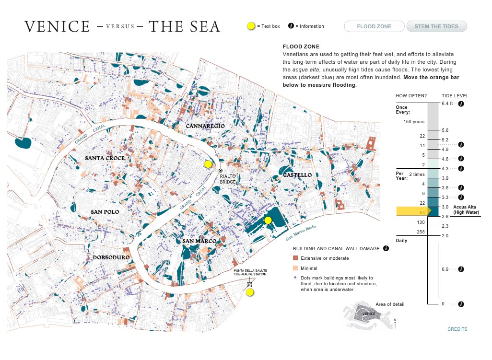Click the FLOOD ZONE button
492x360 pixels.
click(374, 26)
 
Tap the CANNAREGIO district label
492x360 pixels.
click(205, 126)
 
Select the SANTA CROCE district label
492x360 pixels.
click(105, 158)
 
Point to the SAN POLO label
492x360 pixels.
click(105, 212)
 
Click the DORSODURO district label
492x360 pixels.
click(111, 257)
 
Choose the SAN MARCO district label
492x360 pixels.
click(199, 241)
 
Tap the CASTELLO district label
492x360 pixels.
click(297, 175)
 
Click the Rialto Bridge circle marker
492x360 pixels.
click(221, 170)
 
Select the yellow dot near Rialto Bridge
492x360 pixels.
click(208, 164)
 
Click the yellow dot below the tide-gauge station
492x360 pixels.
click(250, 292)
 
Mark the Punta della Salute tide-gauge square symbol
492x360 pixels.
click(249, 284)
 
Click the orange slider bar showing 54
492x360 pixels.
click(412, 211)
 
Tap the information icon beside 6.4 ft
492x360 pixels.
click(461, 104)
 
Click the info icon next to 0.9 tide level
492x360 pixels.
click(461, 269)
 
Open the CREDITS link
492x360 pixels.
click(457, 329)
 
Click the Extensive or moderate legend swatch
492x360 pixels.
click(295, 258)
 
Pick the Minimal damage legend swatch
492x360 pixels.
click(295, 268)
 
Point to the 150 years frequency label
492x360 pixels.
click(414, 122)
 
